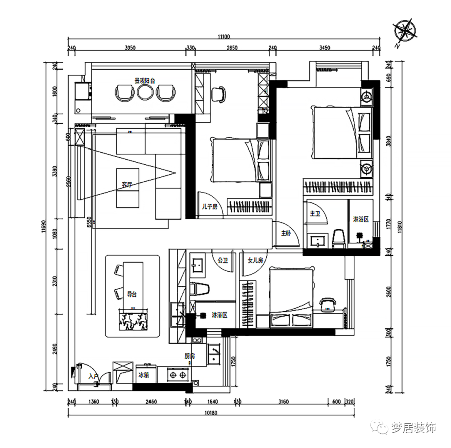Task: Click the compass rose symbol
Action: click(x=405, y=31)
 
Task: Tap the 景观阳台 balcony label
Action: click(x=144, y=80)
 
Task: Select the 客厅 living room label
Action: click(x=127, y=185)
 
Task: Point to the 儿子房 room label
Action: click(x=209, y=206)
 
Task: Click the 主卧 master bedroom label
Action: click(x=286, y=233)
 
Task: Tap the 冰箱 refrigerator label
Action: click(x=143, y=375)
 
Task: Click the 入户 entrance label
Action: click(x=93, y=376)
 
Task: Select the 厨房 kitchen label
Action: click(x=189, y=356)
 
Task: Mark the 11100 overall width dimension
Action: click(x=224, y=36)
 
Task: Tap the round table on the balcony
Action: click(x=145, y=92)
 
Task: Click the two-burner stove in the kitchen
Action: click(x=176, y=374)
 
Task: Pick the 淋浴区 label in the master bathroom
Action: click(x=361, y=219)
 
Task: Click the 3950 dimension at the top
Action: click(x=130, y=48)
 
